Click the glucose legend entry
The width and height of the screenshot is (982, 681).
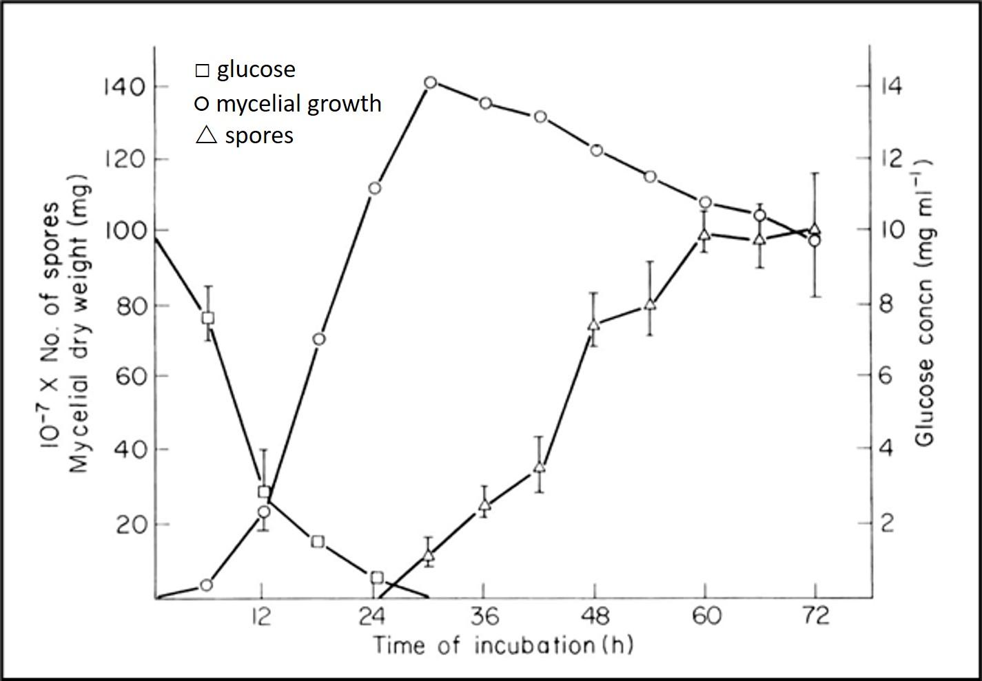(x=246, y=70)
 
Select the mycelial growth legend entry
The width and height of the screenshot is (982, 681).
(x=288, y=103)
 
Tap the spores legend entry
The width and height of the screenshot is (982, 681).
(x=245, y=135)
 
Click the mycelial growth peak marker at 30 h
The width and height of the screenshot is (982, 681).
(x=430, y=83)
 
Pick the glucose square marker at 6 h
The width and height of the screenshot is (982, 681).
(x=207, y=318)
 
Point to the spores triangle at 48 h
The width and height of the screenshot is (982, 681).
(x=594, y=325)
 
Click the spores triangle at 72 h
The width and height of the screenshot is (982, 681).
(x=815, y=229)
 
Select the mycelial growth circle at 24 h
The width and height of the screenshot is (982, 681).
(x=375, y=188)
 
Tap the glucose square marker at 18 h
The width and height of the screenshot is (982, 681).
(x=318, y=541)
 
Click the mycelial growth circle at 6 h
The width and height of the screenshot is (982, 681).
(x=205, y=585)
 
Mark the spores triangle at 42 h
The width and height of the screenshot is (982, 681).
(x=540, y=467)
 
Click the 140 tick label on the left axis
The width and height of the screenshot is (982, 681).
(x=123, y=87)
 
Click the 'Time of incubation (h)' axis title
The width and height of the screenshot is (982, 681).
(x=503, y=646)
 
